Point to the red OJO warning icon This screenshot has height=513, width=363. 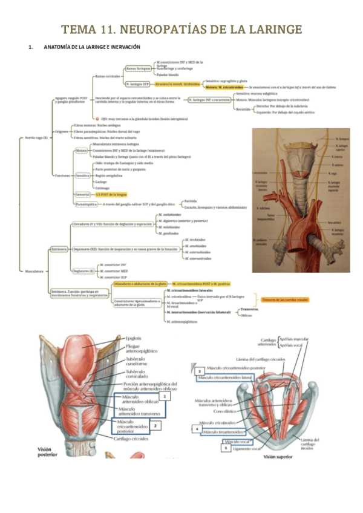tap(96, 120)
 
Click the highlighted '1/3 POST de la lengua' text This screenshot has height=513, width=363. tap(111, 195)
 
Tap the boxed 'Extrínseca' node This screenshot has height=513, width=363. tap(59, 249)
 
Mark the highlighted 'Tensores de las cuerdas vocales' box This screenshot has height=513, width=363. tap(281, 299)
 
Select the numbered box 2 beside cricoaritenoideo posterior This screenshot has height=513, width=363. tap(155, 425)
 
